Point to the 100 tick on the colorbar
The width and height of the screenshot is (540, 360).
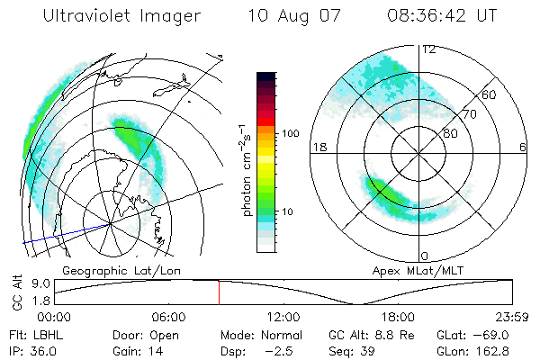click(x=290, y=133)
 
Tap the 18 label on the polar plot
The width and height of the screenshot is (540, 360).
click(x=318, y=147)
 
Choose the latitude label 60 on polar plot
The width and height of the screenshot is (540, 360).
click(x=490, y=94)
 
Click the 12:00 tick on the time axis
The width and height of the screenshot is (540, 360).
click(x=283, y=317)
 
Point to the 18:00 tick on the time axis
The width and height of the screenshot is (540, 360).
click(x=398, y=317)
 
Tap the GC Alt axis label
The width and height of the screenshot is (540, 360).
click(x=15, y=292)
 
